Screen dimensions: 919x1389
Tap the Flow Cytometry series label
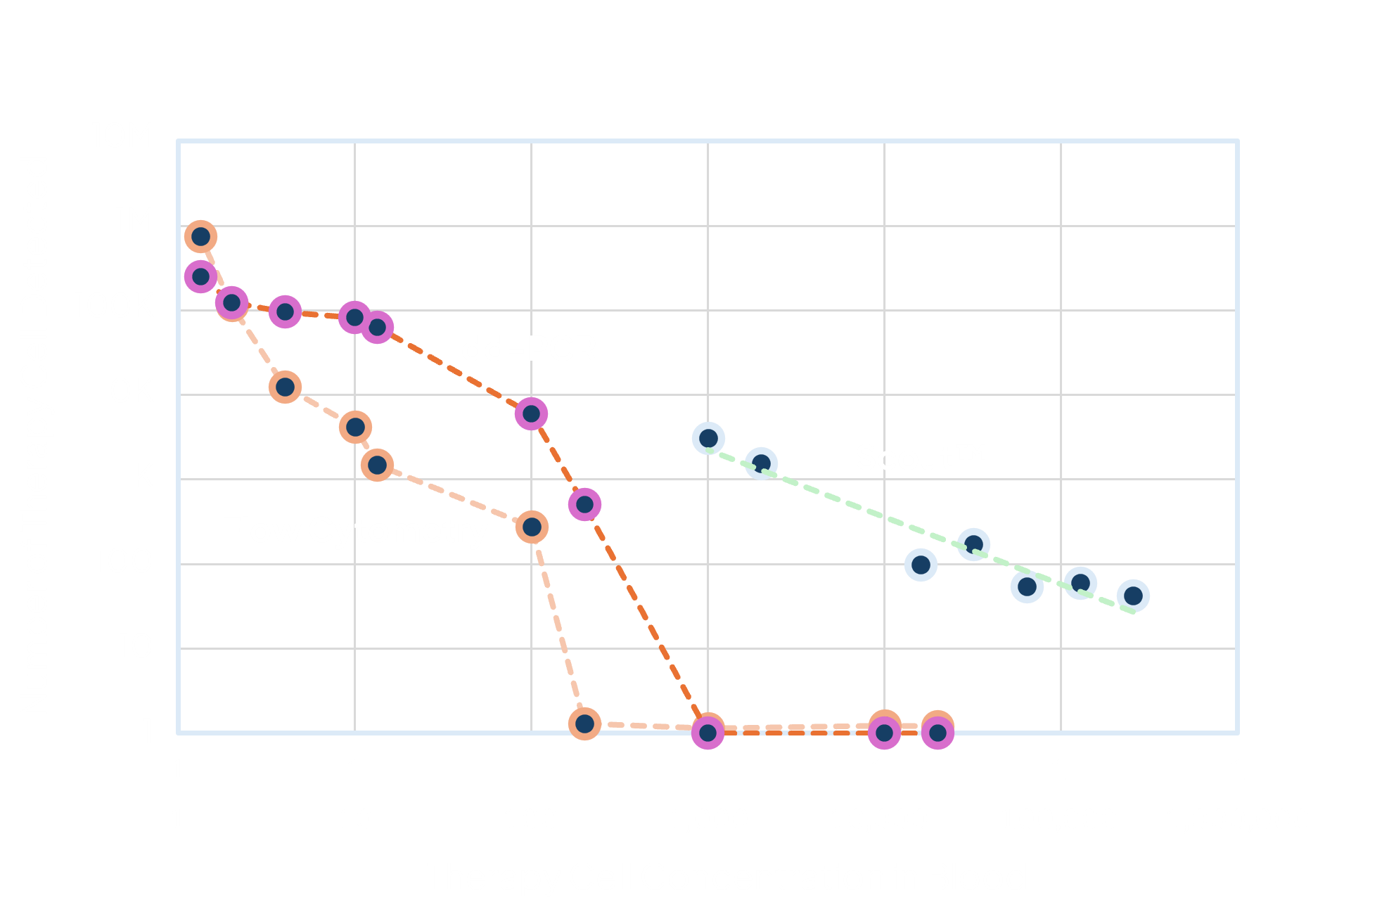pyautogui.click(x=354, y=530)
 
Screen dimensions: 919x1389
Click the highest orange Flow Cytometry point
pyautogui.click(x=200, y=236)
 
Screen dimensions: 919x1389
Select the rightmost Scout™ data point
pyautogui.click(x=1133, y=596)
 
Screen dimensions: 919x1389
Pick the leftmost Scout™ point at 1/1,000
pyautogui.click(x=708, y=439)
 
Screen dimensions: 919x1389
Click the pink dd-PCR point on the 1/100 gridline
pyautogui.click(x=532, y=414)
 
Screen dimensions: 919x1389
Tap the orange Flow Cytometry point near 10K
pyautogui.click(x=285, y=387)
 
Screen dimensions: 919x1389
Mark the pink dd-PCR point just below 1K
pyautogui.click(x=584, y=504)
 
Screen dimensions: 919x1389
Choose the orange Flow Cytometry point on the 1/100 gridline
pyautogui.click(x=532, y=527)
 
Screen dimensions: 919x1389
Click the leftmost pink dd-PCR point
pyautogui.click(x=200, y=276)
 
